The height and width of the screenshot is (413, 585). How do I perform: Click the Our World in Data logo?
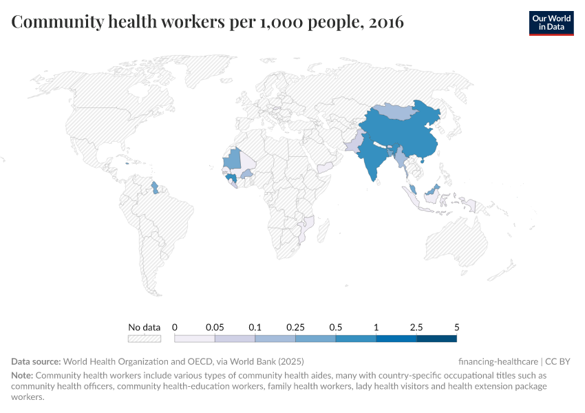pos(551,22)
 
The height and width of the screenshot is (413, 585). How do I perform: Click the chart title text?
pos(207,23)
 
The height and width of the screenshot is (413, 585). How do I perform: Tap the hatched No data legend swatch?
pos(145,338)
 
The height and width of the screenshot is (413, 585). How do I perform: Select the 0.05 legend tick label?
pos(215,327)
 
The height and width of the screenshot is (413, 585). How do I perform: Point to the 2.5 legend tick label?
pos(416,327)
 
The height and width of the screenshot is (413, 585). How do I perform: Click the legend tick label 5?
pos(456,327)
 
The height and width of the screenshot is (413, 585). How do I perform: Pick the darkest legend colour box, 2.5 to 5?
pos(436,338)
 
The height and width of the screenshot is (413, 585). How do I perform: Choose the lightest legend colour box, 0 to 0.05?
pos(195,338)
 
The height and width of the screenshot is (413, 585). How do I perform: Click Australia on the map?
pos(458,241)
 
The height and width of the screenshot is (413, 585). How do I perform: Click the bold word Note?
pos(22,376)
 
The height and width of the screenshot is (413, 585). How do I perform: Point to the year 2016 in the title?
pos(386,23)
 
